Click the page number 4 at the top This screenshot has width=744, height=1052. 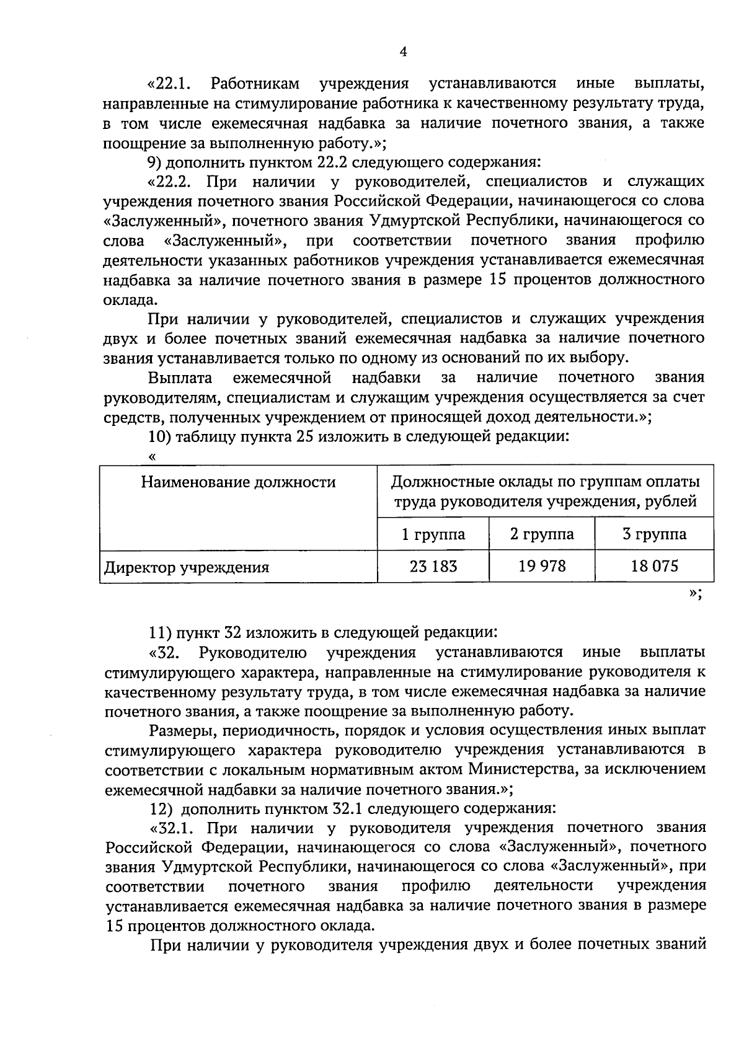pyautogui.click(x=403, y=53)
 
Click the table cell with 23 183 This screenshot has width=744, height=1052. pyautogui.click(x=433, y=565)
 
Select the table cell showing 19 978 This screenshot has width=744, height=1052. pyautogui.click(x=542, y=565)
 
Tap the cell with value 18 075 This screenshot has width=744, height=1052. pyautogui.click(x=654, y=565)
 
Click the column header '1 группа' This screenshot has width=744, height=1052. pyautogui.click(x=433, y=534)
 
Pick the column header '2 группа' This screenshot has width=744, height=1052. pyautogui.click(x=542, y=534)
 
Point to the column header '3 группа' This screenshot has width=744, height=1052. pyautogui.click(x=654, y=534)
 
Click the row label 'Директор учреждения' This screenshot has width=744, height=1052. pyautogui.click(x=186, y=567)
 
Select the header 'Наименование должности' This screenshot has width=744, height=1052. pyautogui.click(x=238, y=482)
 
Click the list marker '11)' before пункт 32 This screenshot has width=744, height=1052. pyautogui.click(x=159, y=632)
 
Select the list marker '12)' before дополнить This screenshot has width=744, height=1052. pyautogui.click(x=160, y=809)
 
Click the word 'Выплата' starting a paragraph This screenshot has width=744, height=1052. pyautogui.click(x=180, y=378)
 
